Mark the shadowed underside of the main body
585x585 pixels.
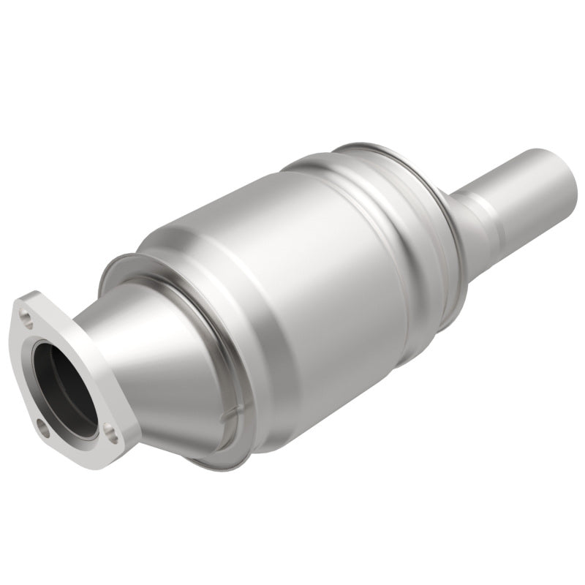click(329, 409)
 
